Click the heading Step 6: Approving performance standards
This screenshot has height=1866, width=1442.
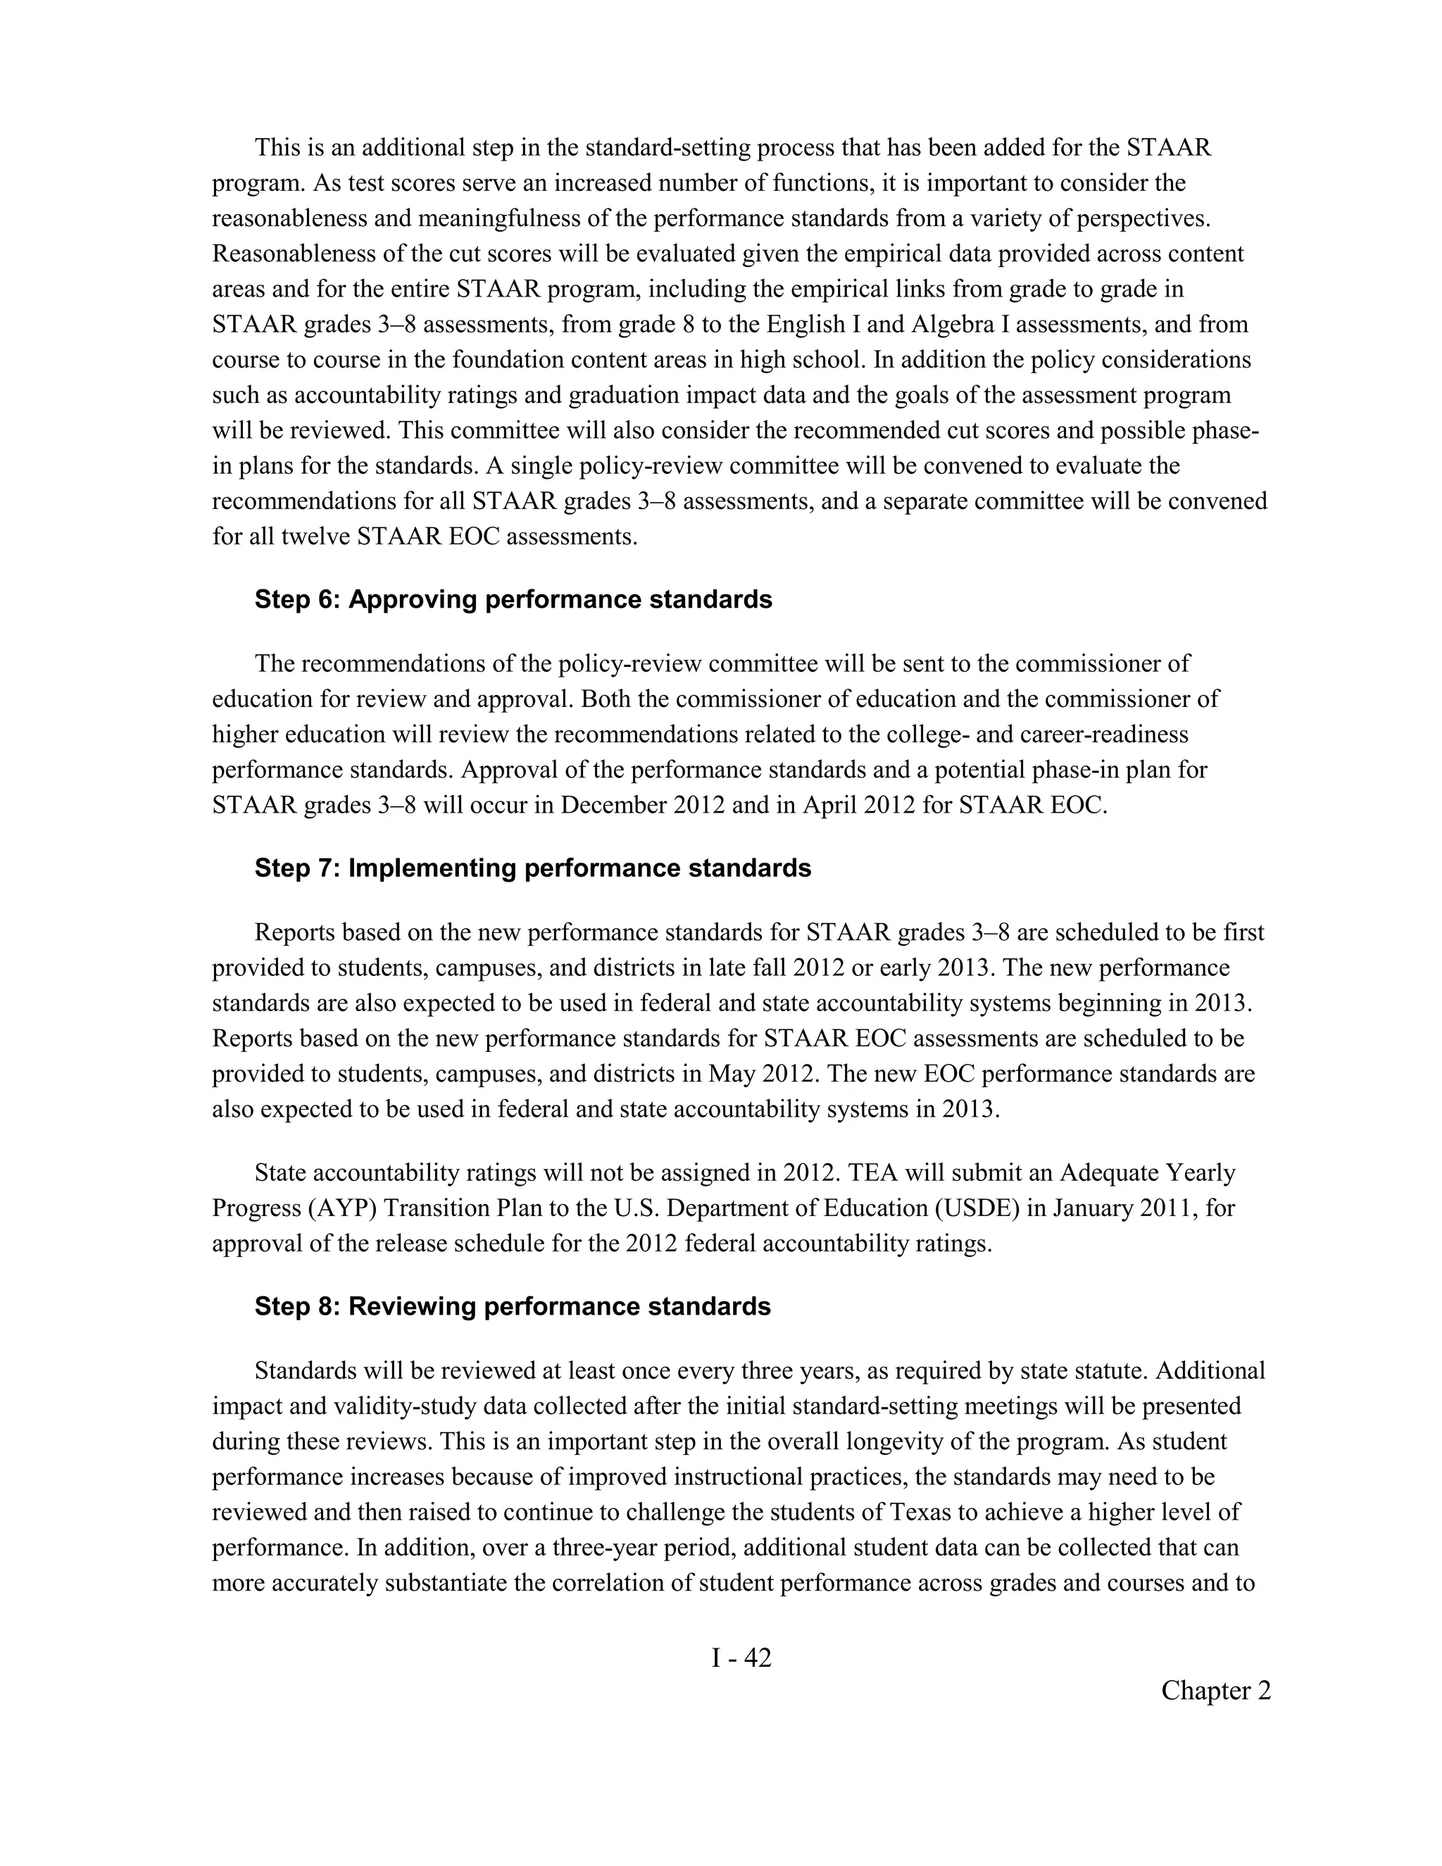513,600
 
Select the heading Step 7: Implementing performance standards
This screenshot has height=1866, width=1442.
532,868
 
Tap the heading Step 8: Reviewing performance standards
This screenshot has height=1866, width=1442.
513,1306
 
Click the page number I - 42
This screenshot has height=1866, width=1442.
741,1658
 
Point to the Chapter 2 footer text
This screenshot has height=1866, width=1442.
1215,1690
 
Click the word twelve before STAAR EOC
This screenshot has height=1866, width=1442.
316,537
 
